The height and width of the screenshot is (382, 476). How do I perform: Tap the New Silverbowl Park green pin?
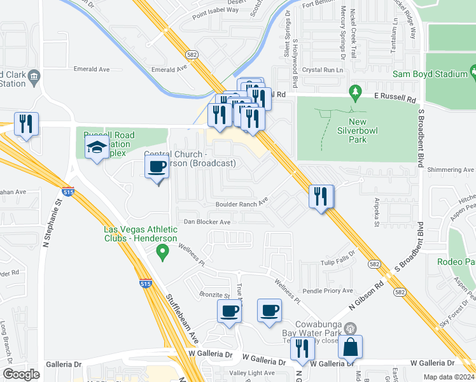355,94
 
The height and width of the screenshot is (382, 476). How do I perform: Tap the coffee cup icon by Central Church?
157,168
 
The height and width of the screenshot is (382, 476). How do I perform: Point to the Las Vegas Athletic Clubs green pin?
162,254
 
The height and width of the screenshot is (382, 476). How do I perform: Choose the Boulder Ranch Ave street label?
242,204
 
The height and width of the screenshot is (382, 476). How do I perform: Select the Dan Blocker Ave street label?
207,222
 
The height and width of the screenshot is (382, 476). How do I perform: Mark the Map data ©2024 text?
449,377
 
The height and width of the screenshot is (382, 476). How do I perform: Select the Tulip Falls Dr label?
336,262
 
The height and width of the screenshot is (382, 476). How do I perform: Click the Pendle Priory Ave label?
328,290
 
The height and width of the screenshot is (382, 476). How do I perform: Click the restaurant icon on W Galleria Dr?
302,348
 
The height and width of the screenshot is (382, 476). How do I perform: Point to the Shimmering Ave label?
451,170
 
